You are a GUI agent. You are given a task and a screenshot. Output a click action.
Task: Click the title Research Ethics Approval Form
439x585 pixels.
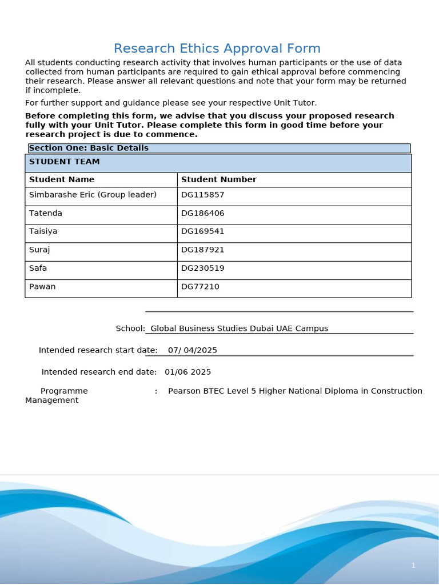point(217,49)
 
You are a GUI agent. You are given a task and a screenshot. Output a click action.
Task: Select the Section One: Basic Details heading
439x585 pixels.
point(89,149)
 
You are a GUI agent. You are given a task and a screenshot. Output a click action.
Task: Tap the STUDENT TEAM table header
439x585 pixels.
point(65,162)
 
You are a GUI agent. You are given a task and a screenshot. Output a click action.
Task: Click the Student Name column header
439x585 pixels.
point(62,180)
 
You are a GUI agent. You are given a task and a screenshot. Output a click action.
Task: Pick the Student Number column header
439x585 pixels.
point(218,180)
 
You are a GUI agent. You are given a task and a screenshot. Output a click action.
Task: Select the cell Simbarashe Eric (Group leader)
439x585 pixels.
point(93,195)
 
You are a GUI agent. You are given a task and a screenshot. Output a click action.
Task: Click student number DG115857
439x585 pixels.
point(202,195)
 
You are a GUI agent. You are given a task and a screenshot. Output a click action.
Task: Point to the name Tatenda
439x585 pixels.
point(46,214)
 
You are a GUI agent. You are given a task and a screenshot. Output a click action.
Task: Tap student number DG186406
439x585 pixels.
point(202,214)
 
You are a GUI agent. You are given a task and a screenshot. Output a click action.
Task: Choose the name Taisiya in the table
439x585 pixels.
point(43,232)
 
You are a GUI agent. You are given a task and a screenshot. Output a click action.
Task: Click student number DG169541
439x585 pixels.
point(202,232)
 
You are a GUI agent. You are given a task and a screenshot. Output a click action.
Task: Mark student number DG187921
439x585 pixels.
point(202,250)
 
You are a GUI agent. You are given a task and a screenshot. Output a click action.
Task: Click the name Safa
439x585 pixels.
point(38,269)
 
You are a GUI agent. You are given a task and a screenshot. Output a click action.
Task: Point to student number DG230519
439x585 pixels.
point(202,269)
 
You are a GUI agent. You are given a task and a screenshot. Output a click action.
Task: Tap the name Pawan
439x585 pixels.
point(42,287)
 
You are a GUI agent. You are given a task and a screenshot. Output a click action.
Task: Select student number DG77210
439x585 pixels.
point(200,287)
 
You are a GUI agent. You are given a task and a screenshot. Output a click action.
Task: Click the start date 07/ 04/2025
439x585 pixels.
point(193,351)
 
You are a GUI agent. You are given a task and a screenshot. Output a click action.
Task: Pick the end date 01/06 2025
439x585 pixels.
point(187,372)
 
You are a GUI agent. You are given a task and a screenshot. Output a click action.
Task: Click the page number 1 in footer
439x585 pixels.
point(413,566)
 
